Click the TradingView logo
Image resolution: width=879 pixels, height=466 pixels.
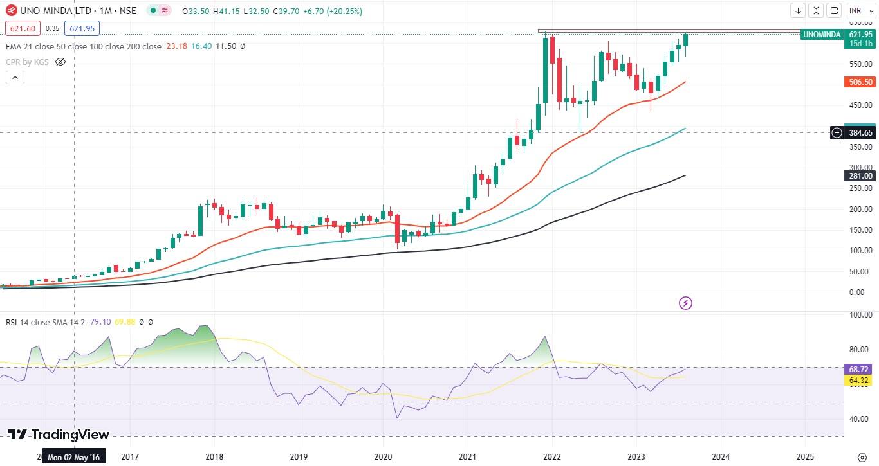point(59,435)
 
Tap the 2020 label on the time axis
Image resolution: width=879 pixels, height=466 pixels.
point(383,456)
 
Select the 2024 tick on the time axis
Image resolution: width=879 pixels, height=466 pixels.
point(720,456)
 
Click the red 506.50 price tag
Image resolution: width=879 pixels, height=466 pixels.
point(860,82)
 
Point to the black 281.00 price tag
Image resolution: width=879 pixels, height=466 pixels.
point(860,176)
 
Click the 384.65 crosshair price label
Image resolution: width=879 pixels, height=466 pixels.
point(860,133)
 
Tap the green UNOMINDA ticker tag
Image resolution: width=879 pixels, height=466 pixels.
point(822,35)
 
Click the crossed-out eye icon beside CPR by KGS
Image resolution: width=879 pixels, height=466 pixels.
point(60,62)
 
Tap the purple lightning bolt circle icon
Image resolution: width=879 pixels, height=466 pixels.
point(686,303)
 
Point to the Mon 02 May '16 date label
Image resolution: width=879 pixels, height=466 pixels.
point(73,456)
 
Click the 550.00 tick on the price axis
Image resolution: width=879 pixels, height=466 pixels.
point(860,64)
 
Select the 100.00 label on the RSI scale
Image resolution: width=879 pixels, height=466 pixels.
point(860,315)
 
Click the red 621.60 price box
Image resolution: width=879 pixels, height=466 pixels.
point(23,28)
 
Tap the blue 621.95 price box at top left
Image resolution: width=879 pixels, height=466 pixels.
point(82,28)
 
